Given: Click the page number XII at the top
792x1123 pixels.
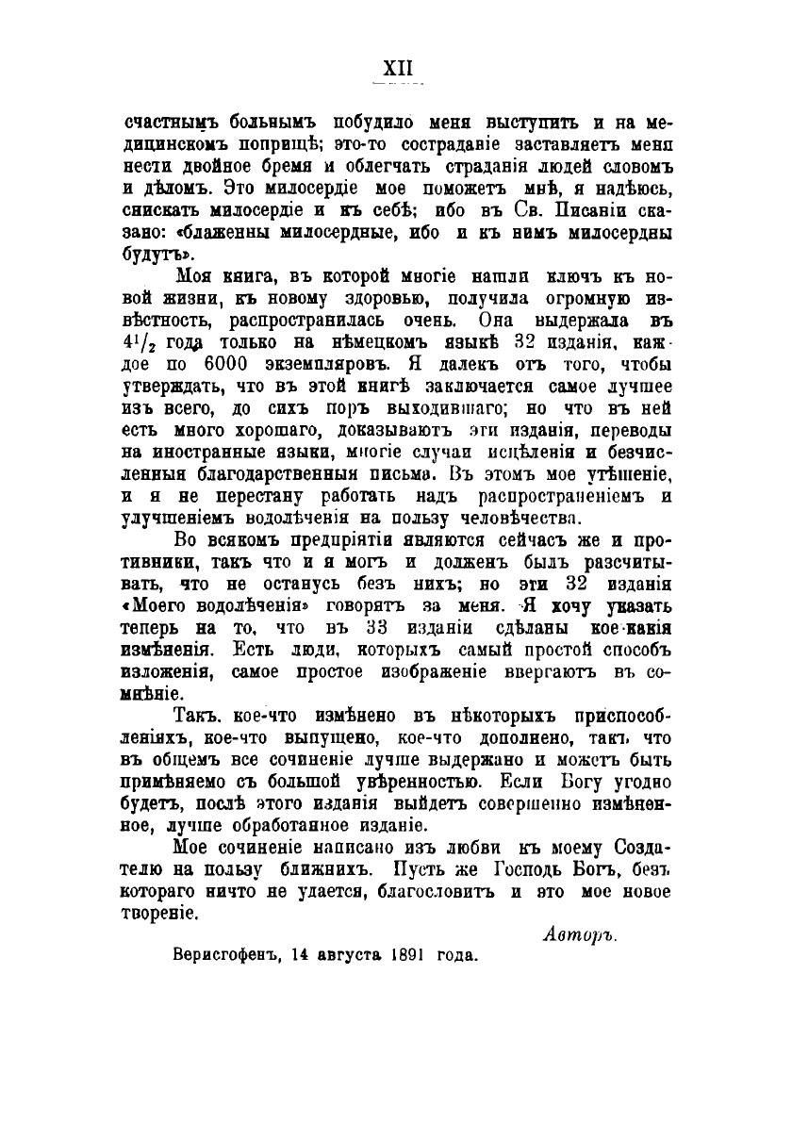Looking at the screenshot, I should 396,68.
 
